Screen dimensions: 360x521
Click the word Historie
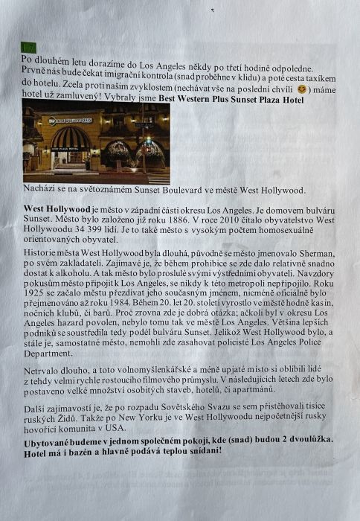click(x=42, y=254)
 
